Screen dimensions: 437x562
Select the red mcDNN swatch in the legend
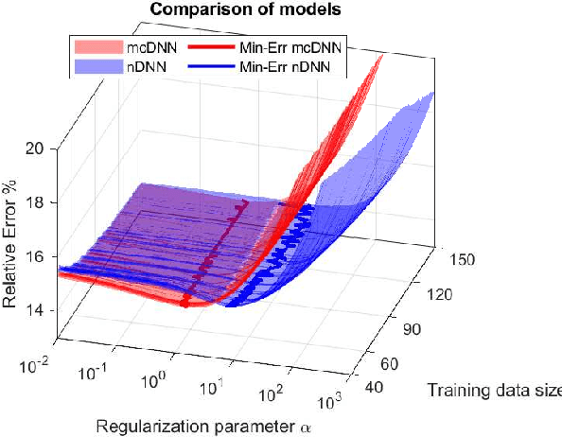97,46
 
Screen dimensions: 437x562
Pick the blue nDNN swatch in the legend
97,66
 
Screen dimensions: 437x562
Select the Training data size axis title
493,390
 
